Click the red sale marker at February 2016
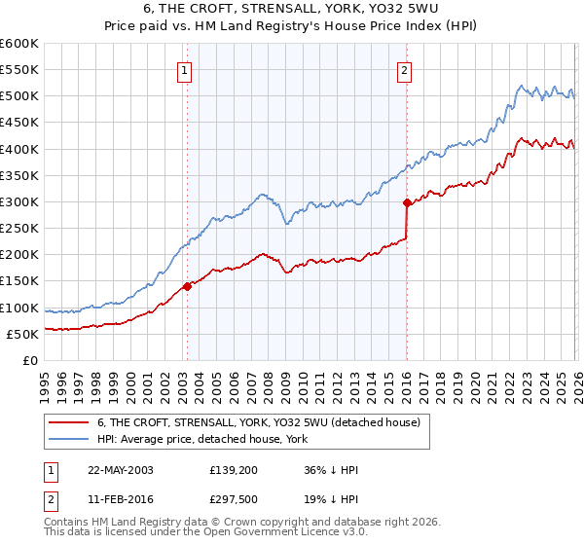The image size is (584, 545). point(407,202)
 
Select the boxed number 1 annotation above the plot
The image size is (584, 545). point(184,69)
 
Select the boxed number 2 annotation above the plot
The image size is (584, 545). point(403,69)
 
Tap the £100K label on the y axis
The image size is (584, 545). point(19,308)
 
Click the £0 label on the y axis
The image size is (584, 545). point(29,360)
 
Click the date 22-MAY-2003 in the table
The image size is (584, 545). point(121,469)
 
